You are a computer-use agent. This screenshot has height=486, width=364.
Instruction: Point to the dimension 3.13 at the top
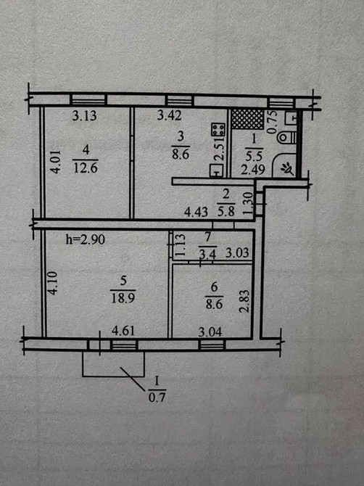click(x=85, y=115)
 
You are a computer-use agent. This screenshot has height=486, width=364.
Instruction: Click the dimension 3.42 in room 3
click(x=171, y=115)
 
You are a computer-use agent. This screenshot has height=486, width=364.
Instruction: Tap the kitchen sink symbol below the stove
click(x=216, y=170)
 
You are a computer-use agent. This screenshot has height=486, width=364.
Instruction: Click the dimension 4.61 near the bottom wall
click(x=122, y=330)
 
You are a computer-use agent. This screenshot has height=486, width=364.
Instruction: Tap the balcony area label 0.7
click(x=157, y=396)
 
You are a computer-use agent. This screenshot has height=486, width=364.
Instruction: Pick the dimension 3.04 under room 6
click(x=210, y=330)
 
